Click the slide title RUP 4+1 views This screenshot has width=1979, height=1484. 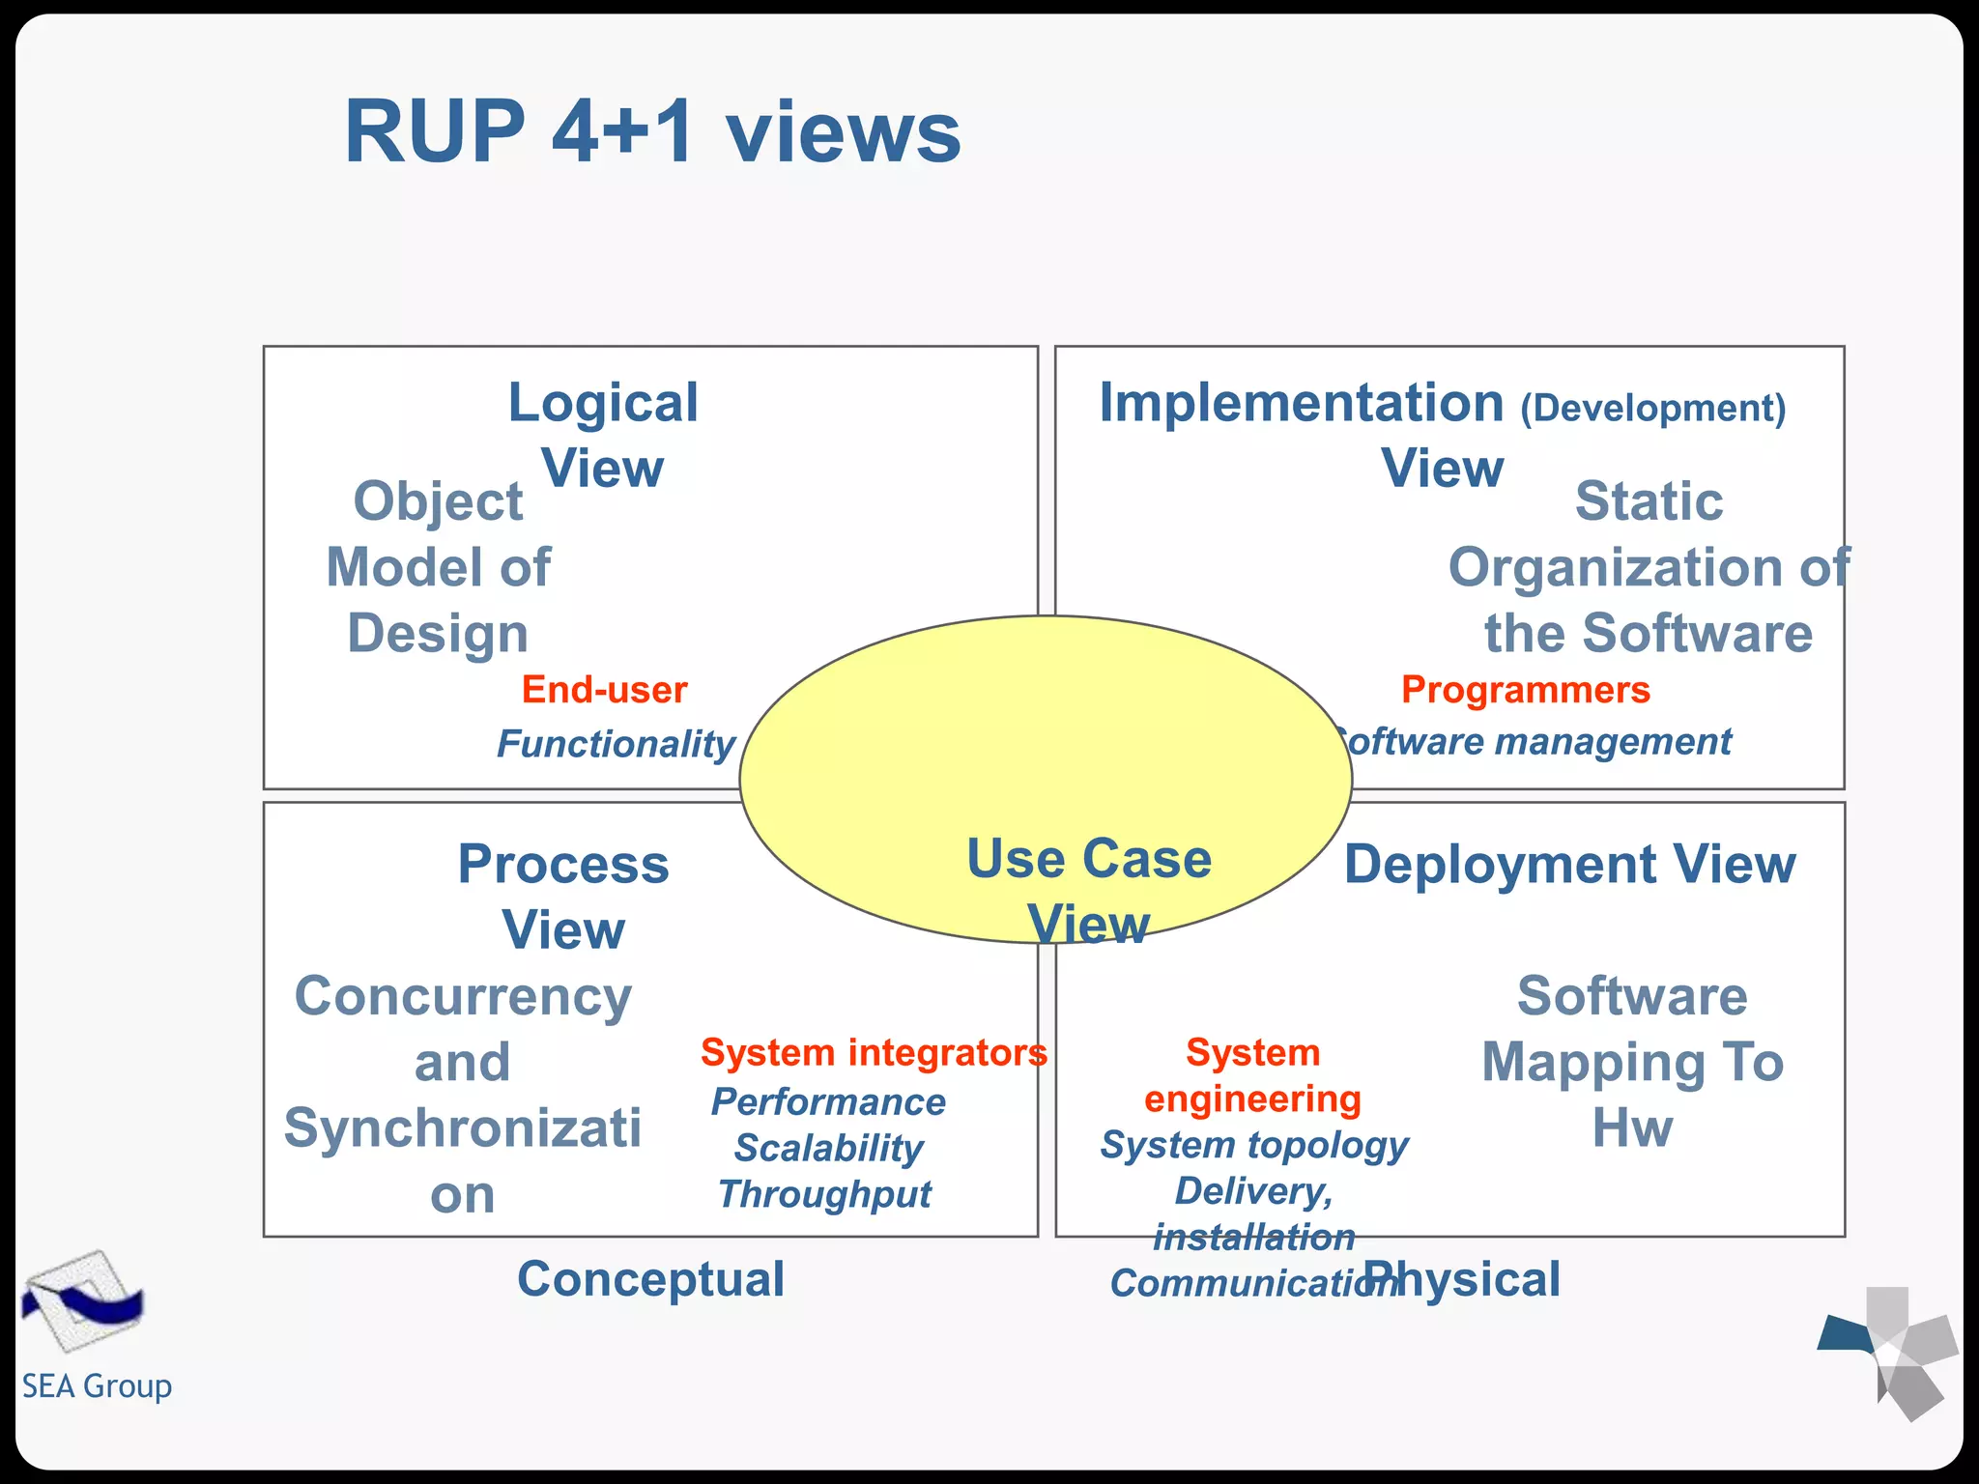pos(652,132)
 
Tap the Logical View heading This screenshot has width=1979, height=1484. pos(603,434)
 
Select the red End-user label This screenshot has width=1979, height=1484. pos(604,690)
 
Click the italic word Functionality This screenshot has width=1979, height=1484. pos(616,744)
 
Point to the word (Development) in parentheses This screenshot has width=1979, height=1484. pos(1652,408)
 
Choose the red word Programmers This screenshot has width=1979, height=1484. pos(1525,690)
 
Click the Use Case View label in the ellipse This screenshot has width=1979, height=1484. pos(1089,890)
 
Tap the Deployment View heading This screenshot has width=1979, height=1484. pos(1569,864)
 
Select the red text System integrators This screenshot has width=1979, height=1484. pos(874,1052)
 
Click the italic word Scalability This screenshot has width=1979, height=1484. pos(828,1148)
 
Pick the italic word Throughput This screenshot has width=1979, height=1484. pos(824,1194)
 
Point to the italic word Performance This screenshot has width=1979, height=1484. pos(828,1101)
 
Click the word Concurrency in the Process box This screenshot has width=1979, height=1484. pos(463,996)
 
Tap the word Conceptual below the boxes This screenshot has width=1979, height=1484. pos(650,1279)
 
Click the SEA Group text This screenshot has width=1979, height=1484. pos(97,1386)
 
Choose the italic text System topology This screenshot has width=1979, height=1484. pos(1253,1145)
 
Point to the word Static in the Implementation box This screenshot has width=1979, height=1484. pos(1649,501)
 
